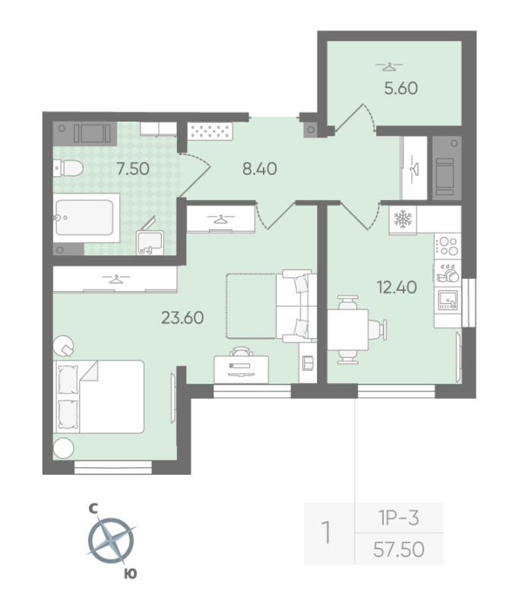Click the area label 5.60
(x=400, y=88)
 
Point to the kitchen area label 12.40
(x=396, y=287)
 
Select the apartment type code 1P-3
(x=399, y=518)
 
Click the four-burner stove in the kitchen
(x=447, y=245)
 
